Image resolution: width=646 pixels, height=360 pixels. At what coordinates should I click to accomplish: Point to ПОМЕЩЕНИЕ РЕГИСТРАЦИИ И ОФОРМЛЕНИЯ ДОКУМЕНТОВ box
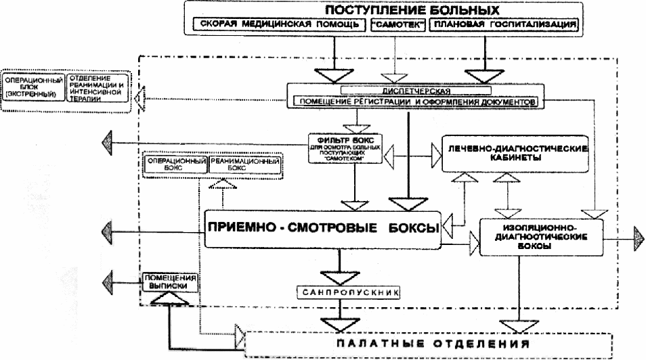pyautogui.click(x=413, y=102)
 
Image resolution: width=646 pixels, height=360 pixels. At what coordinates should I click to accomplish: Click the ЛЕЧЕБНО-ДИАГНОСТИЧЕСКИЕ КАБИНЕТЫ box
pyautogui.click(x=513, y=152)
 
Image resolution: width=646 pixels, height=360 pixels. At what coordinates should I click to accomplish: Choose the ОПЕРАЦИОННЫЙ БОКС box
pyautogui.click(x=174, y=166)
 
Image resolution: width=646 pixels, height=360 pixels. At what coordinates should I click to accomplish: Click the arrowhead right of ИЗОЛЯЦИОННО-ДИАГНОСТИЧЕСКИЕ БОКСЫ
pyautogui.click(x=639, y=237)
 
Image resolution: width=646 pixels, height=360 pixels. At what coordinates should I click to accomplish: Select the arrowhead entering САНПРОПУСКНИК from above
pyautogui.click(x=346, y=277)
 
